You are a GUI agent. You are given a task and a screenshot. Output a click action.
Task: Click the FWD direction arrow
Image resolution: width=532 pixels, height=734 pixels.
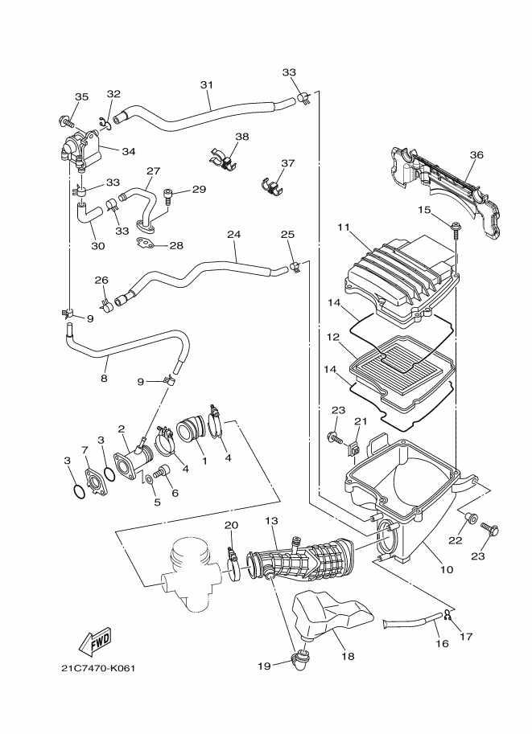coord(95,641)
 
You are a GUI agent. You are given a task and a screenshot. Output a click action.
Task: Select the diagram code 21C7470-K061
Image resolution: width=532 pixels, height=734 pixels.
coord(99,668)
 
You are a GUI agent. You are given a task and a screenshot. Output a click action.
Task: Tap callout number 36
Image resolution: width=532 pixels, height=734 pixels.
coord(476,155)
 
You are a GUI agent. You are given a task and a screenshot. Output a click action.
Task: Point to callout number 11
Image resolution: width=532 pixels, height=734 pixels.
coord(343,228)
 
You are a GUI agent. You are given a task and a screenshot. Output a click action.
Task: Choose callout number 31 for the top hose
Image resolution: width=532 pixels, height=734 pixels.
coord(206,85)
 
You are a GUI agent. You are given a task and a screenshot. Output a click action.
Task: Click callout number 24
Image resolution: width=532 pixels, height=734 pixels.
coord(233,235)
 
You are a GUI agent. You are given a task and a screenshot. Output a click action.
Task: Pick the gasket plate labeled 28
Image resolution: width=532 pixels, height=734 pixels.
coord(148,242)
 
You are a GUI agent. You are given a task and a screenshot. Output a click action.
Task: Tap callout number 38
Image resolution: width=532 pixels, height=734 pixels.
coord(242,137)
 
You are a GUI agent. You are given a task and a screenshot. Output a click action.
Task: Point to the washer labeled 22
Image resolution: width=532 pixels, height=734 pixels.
coord(472,519)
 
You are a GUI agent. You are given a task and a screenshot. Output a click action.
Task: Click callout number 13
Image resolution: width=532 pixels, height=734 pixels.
coord(270,522)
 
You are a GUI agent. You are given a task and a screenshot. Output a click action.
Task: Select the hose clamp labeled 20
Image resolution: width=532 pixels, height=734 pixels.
coord(231,554)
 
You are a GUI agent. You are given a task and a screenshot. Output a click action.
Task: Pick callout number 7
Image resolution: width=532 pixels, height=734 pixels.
coord(84,449)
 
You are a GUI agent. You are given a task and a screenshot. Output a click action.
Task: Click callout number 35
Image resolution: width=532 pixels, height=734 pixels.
coord(81,97)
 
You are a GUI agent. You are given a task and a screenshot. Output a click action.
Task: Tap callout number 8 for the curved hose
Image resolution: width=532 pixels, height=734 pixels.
coord(104,377)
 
